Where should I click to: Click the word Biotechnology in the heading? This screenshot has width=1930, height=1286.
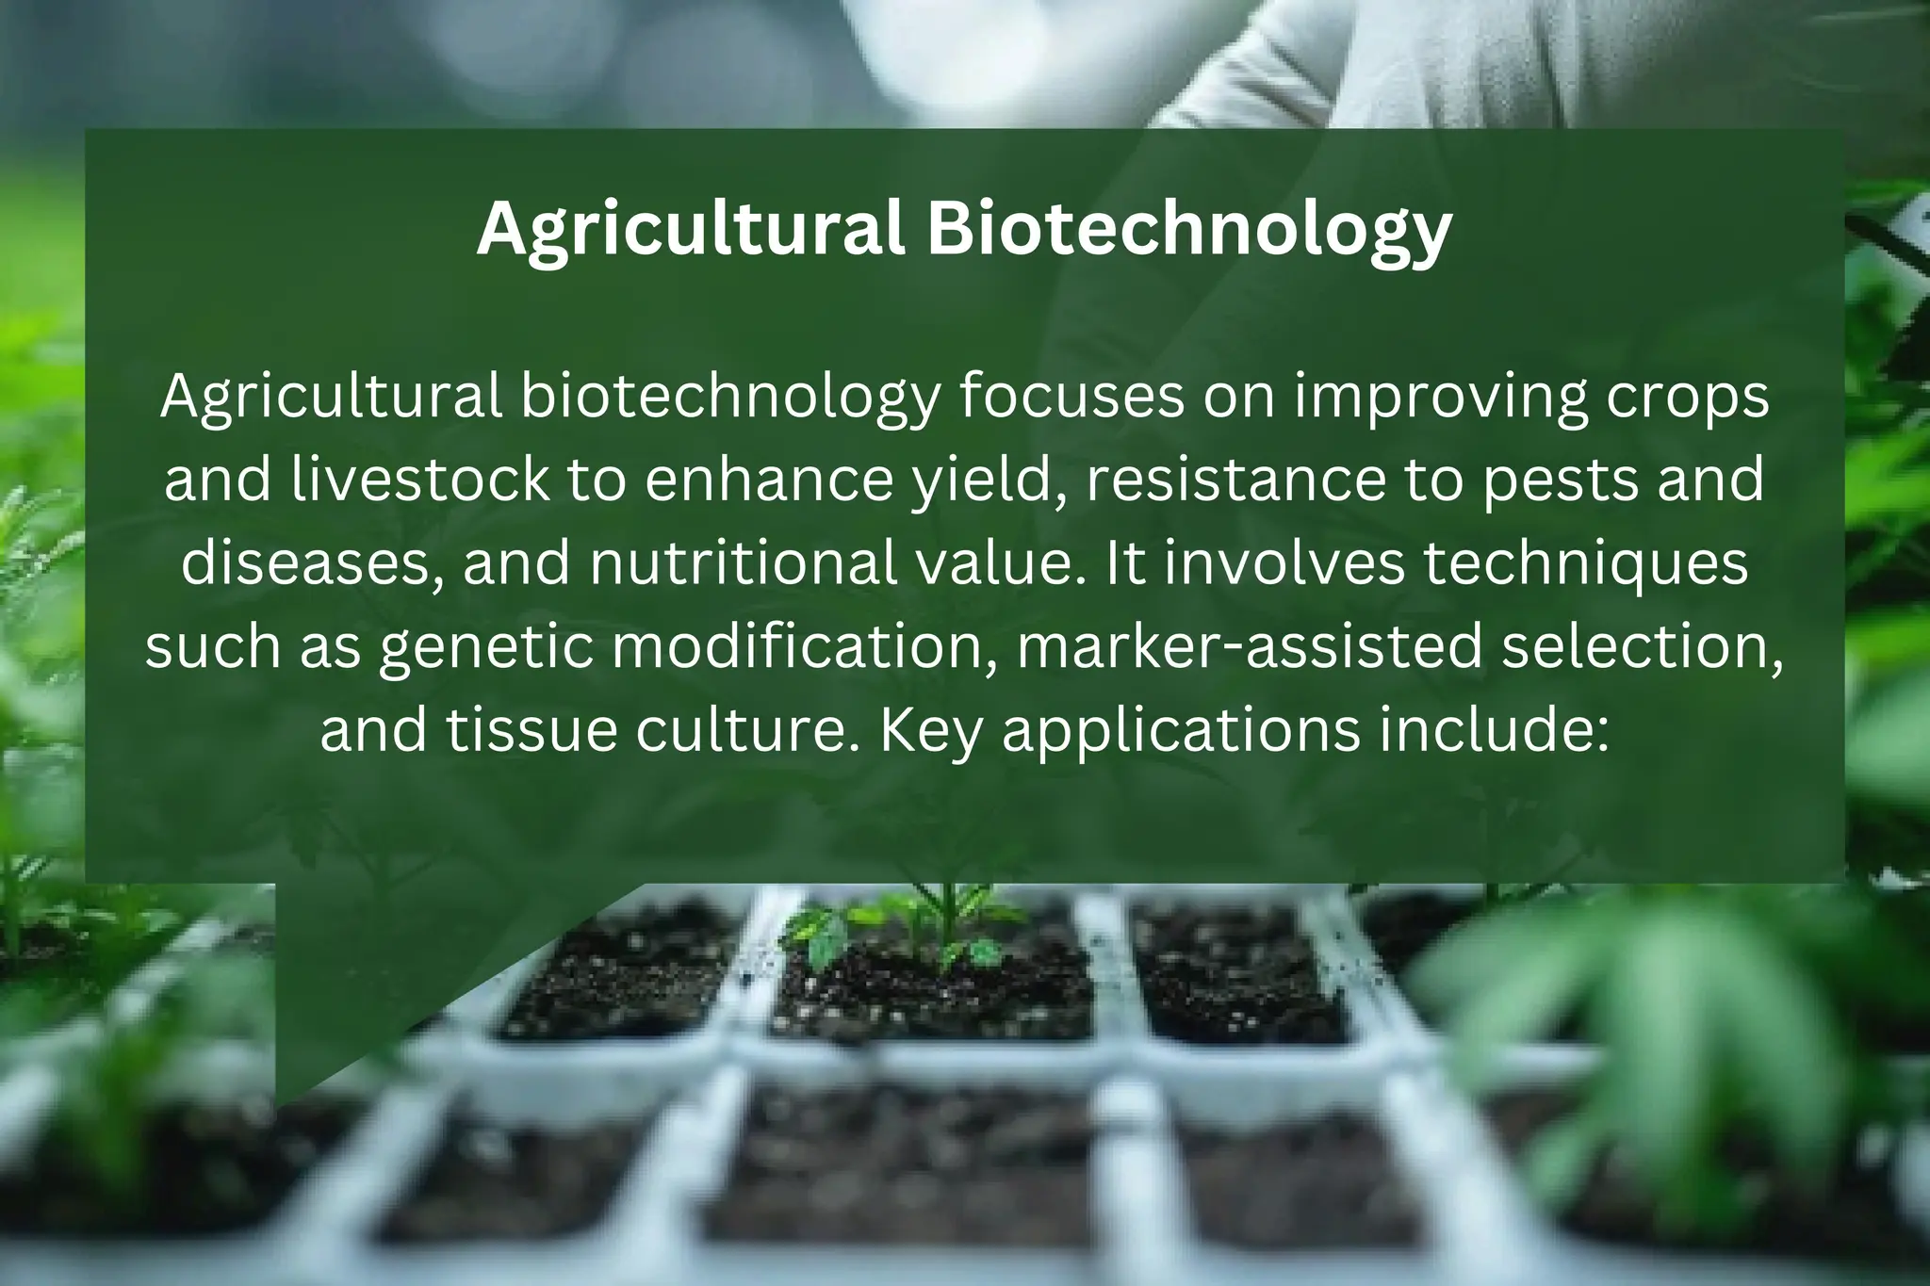[1189, 231]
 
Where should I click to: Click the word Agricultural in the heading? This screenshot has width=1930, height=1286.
[692, 231]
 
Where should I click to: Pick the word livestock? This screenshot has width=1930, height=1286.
[421, 480]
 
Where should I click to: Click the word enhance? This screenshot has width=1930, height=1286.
[769, 480]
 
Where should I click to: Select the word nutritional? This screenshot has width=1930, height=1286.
[744, 562]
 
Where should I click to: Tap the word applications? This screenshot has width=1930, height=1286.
[1182, 729]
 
